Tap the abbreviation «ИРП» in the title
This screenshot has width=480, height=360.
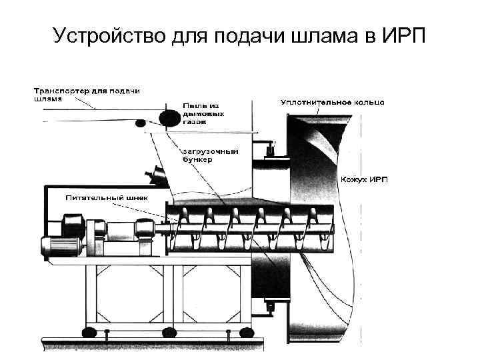tap(407, 35)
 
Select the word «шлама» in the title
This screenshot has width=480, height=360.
tap(324, 35)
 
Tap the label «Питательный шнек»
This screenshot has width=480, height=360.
tap(107, 198)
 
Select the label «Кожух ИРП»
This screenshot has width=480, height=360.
tap(365, 180)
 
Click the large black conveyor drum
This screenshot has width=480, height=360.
tap(169, 117)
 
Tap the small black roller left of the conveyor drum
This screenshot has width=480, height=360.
tap(140, 123)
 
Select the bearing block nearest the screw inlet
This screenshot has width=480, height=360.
tap(141, 230)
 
